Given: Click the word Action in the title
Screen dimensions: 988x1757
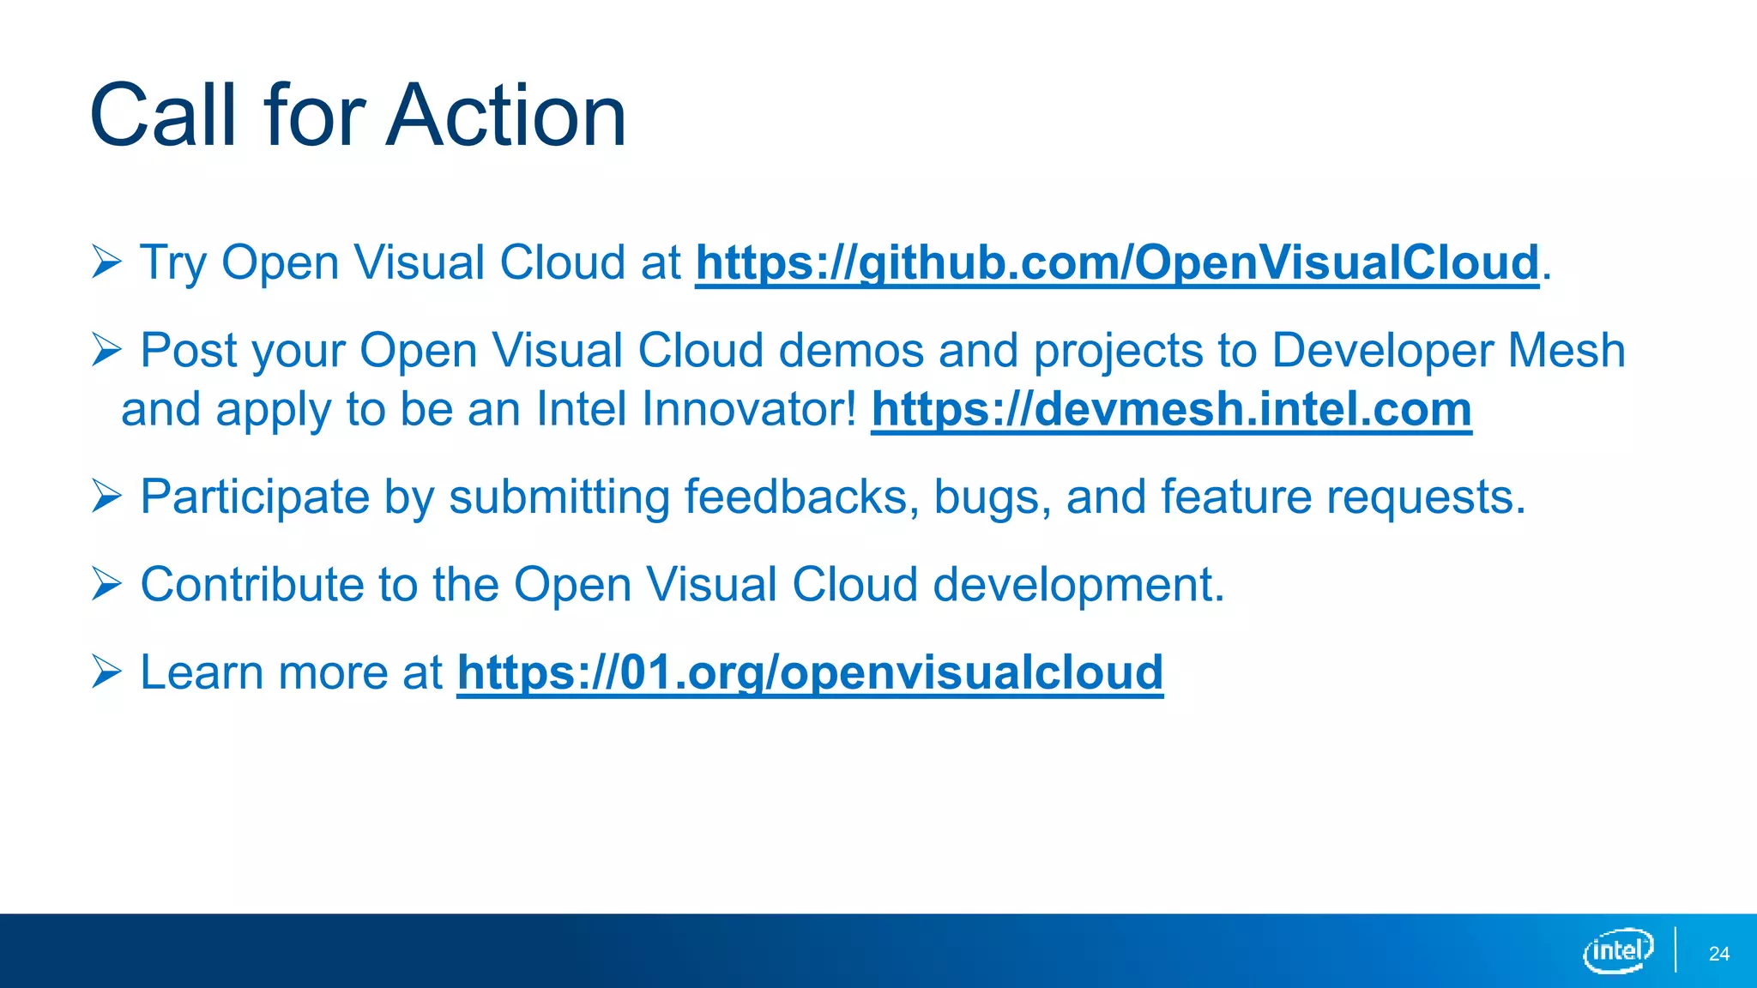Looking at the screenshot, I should (506, 116).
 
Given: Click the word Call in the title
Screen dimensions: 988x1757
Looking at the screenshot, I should (163, 116).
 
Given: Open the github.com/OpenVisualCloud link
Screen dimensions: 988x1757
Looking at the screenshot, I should (1117, 262).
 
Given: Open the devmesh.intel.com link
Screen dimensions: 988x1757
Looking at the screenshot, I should (1171, 409).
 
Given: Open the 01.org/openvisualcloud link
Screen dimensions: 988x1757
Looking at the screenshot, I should (810, 672).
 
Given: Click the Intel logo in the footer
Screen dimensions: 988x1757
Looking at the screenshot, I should (1618, 950).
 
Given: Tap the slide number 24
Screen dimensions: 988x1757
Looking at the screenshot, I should (1718, 954).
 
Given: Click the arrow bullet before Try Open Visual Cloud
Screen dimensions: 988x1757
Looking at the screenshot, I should (106, 262).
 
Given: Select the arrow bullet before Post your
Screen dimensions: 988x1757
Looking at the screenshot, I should (106, 350).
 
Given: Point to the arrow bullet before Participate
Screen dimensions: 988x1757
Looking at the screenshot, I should (106, 497).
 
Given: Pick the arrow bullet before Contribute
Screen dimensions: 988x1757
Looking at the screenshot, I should (106, 584).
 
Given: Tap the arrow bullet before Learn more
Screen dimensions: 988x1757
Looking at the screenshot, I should (106, 672).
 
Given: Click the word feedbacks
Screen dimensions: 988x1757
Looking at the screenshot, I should (795, 497).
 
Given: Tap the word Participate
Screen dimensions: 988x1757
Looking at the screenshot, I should (255, 498).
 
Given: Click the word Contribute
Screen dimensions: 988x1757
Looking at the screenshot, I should (252, 584).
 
